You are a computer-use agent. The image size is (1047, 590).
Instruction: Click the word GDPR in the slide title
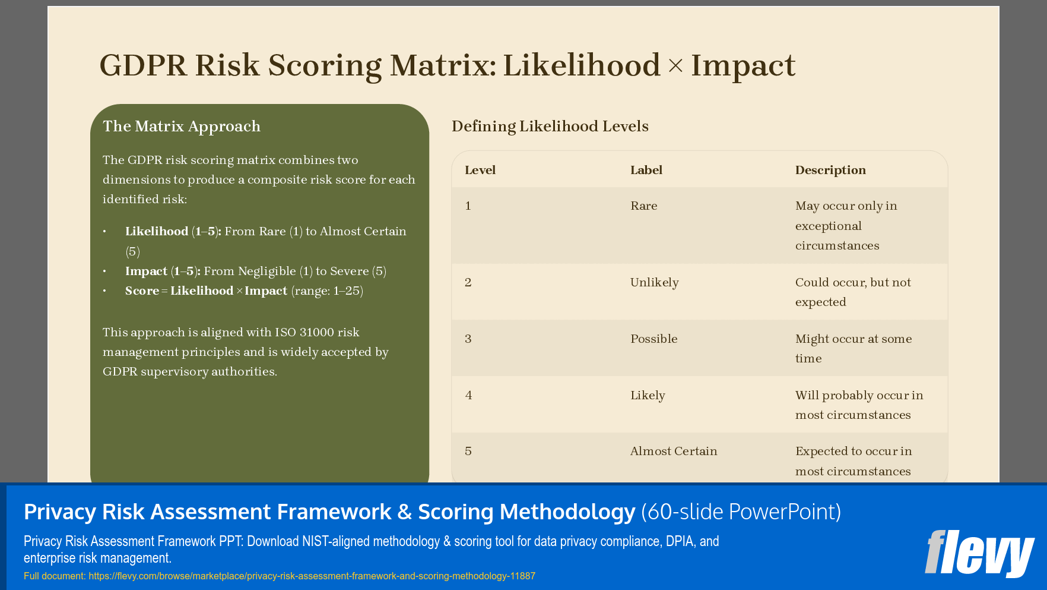tap(142, 65)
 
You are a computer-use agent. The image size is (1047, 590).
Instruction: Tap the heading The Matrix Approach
tap(182, 127)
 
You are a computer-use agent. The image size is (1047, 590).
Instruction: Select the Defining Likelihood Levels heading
tap(550, 127)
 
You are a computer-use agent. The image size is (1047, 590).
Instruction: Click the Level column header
tap(480, 171)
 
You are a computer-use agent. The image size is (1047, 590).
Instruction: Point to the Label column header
tap(646, 171)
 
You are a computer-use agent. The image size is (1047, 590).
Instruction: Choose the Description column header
tap(830, 171)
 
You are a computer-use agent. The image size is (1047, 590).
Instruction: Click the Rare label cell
tap(643, 206)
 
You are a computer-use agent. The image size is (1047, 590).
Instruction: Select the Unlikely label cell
tap(654, 283)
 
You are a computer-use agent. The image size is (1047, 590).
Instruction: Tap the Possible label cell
tap(653, 339)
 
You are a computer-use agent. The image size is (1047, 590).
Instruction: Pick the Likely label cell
tap(647, 396)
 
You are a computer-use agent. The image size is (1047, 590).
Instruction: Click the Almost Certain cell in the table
tap(673, 452)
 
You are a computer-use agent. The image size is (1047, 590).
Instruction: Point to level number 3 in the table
tap(468, 339)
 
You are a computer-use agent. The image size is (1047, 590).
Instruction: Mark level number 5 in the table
tap(468, 452)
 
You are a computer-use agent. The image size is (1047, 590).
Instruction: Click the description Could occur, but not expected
tap(852, 292)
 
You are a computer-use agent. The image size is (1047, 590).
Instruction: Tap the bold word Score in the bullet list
tap(142, 291)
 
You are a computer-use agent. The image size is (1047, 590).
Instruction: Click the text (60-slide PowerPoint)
tap(741, 512)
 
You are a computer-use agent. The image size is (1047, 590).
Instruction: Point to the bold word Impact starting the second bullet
tap(146, 272)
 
